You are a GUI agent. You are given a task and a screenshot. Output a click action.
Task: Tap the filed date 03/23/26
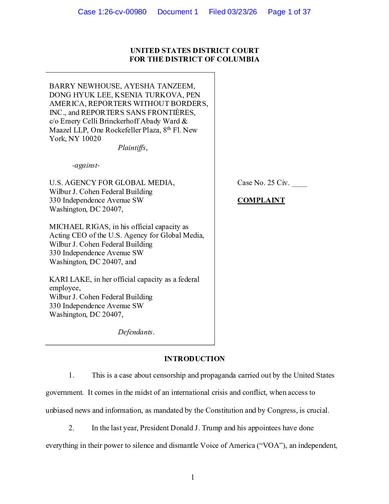pos(242,12)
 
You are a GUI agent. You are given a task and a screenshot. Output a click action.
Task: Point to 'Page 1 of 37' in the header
pos(289,12)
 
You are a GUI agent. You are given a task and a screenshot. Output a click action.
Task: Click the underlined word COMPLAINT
pos(261,200)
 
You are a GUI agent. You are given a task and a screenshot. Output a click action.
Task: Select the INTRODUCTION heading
pos(194,359)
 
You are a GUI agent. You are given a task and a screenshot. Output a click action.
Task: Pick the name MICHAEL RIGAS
pos(79,227)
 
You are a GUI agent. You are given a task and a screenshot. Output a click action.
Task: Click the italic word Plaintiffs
pos(132,148)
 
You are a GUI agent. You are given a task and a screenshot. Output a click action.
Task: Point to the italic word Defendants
pos(135,332)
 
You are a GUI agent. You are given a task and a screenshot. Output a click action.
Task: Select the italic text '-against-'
pos(86,165)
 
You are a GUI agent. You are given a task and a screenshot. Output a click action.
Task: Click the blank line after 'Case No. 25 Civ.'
pos(299,184)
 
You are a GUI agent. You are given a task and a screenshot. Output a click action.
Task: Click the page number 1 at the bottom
pos(193,477)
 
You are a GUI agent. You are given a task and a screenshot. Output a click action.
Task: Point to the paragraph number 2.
pos(72,428)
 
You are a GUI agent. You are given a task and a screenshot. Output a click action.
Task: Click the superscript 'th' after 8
pos(169,128)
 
